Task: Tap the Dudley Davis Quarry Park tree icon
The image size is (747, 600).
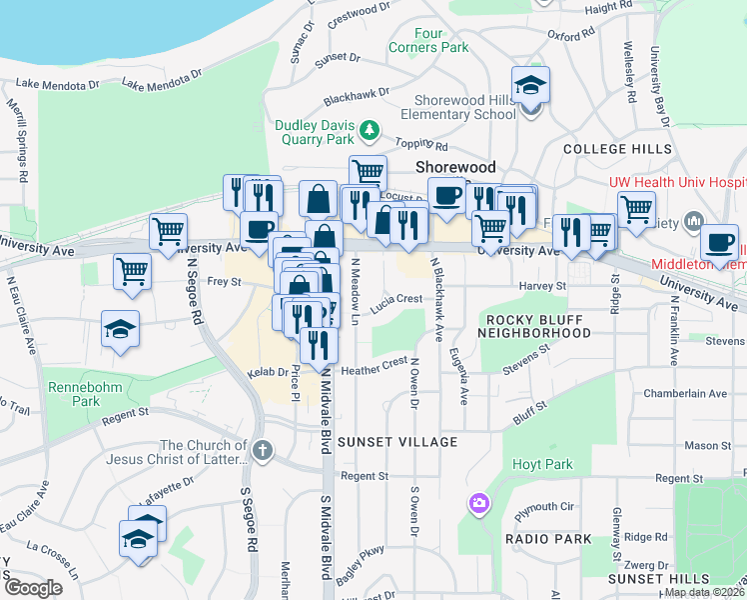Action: (371, 130)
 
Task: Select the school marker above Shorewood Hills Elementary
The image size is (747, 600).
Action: (531, 86)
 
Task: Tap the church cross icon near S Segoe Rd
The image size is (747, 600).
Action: (262, 450)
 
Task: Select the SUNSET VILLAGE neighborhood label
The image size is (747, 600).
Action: (397, 441)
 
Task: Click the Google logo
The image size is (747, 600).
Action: (32, 587)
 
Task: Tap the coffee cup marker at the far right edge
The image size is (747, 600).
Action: (719, 242)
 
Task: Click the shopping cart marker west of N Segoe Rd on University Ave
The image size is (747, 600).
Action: (168, 231)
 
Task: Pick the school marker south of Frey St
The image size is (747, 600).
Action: (121, 329)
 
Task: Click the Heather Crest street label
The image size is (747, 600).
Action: (374, 367)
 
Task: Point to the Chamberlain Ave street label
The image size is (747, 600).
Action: (678, 393)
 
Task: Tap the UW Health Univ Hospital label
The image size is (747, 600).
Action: (678, 183)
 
